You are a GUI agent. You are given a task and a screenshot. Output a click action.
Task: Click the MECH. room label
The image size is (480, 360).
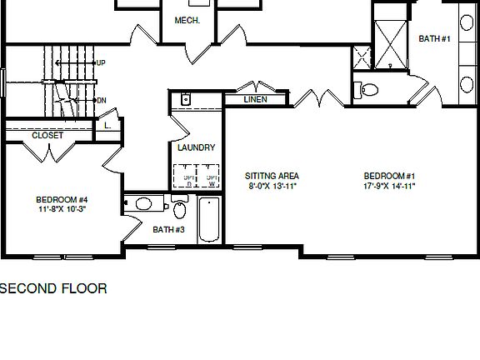pyautogui.click(x=186, y=20)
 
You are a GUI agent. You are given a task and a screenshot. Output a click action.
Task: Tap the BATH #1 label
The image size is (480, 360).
pyautogui.click(x=434, y=38)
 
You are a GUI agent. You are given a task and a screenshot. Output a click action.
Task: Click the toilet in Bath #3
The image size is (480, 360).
pyautogui.click(x=180, y=207)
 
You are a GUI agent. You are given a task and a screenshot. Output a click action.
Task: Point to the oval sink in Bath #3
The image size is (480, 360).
pyautogui.click(x=144, y=203)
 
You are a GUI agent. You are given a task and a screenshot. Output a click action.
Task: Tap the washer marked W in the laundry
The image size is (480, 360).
pyautogui.click(x=212, y=180)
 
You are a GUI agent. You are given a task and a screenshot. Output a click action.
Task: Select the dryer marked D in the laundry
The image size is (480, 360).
pyautogui.click(x=187, y=180)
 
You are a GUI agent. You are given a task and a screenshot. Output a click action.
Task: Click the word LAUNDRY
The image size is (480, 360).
pyautogui.click(x=197, y=147)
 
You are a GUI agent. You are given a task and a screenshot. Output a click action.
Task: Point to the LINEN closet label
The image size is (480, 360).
pyautogui.click(x=255, y=100)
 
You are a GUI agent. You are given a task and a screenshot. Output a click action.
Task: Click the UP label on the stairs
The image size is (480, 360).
pyautogui.click(x=100, y=62)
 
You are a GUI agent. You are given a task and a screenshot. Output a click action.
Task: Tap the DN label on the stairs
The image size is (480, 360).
pyautogui.click(x=101, y=101)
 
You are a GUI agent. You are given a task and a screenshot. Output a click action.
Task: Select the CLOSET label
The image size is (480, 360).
pyautogui.click(x=47, y=135)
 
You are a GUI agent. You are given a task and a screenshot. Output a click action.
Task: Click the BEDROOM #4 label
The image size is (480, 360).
pyautogui.click(x=62, y=199)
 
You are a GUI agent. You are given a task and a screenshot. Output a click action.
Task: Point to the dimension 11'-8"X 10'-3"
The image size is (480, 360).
pyautogui.click(x=62, y=209)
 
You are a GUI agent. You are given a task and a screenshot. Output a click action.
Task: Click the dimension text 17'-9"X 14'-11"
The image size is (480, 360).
pyautogui.click(x=389, y=186)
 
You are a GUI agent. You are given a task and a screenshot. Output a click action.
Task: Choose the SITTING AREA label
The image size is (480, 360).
pyautogui.click(x=272, y=176)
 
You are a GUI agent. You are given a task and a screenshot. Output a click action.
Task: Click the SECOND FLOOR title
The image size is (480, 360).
pyautogui.click(x=53, y=289)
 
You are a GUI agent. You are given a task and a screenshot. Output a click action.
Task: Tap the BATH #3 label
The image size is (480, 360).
pyautogui.click(x=168, y=229)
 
